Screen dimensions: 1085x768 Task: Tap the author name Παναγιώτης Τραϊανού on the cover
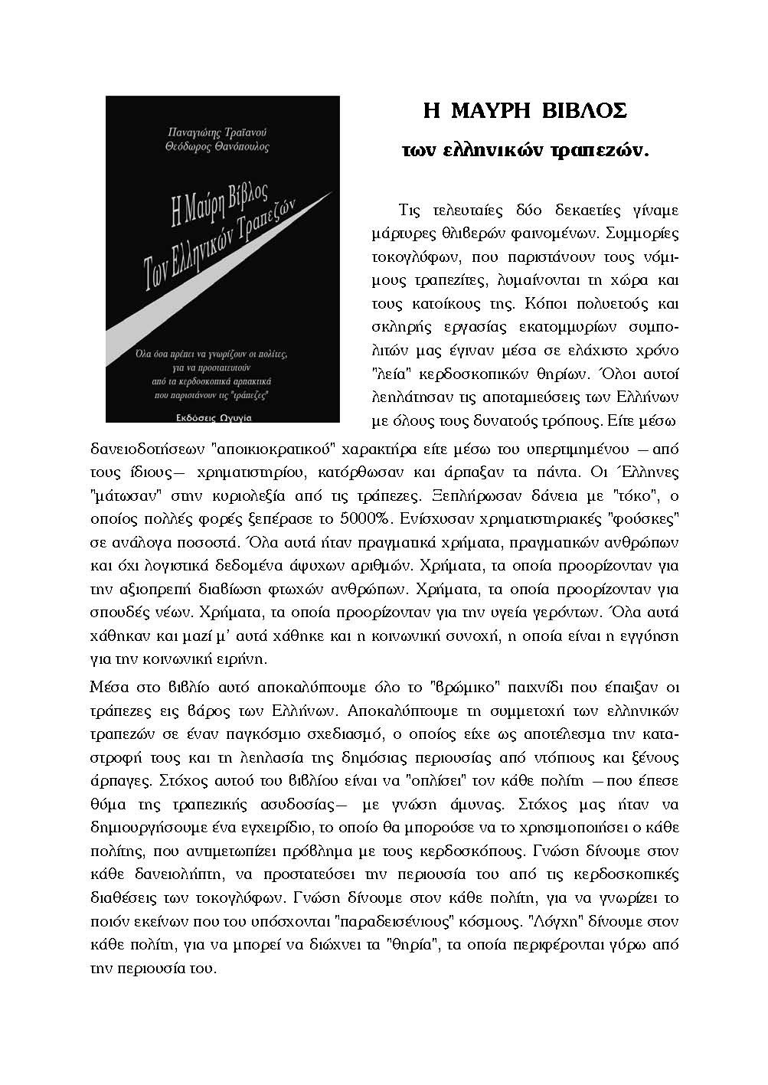click(x=221, y=132)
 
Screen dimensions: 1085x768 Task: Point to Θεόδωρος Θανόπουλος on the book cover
click(x=221, y=146)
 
